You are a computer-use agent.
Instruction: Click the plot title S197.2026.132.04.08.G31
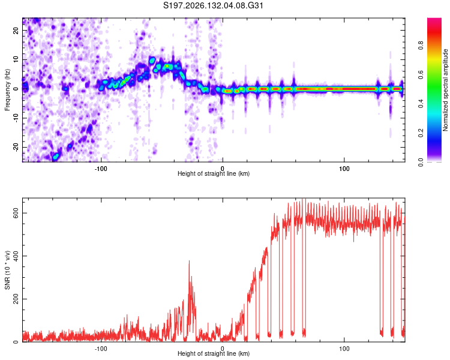point(213,5)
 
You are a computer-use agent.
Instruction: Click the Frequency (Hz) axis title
point(7,89)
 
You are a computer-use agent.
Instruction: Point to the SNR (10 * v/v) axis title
point(7,270)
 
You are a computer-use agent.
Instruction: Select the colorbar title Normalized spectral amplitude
point(445,90)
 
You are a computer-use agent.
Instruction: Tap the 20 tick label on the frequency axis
point(16,30)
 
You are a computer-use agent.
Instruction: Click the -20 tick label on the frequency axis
point(16,147)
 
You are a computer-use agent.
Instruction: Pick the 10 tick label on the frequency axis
point(16,59)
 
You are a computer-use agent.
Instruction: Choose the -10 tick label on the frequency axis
point(16,118)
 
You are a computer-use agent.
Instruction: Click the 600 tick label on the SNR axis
point(16,214)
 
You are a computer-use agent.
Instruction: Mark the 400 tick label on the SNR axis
point(16,256)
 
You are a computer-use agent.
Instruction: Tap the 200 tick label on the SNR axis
point(16,299)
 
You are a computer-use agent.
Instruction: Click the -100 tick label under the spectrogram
point(101,169)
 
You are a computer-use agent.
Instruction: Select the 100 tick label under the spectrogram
point(344,169)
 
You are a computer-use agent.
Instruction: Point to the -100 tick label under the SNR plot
point(101,349)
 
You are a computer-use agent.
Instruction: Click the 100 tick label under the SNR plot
point(344,349)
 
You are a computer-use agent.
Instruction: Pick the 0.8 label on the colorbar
point(421,46)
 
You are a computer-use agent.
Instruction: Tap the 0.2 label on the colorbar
point(421,133)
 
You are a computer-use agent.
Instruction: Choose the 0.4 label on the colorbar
point(421,104)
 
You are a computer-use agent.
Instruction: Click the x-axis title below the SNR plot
point(214,353)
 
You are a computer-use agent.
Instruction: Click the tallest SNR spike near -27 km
point(189,260)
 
